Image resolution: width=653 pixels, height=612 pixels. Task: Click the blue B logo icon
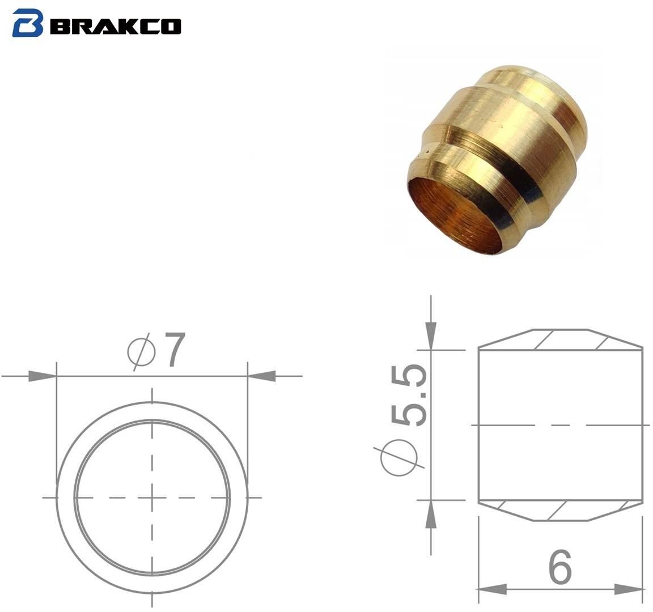(28, 23)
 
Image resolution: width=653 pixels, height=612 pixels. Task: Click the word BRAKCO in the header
(116, 25)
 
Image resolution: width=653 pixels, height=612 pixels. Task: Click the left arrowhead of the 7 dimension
(43, 376)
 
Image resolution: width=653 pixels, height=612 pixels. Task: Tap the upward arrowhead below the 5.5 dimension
(431, 517)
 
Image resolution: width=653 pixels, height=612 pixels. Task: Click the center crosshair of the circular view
(152, 498)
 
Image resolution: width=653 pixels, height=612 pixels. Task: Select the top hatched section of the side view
(561, 339)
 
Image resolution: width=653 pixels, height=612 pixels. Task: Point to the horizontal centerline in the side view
(561, 424)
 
